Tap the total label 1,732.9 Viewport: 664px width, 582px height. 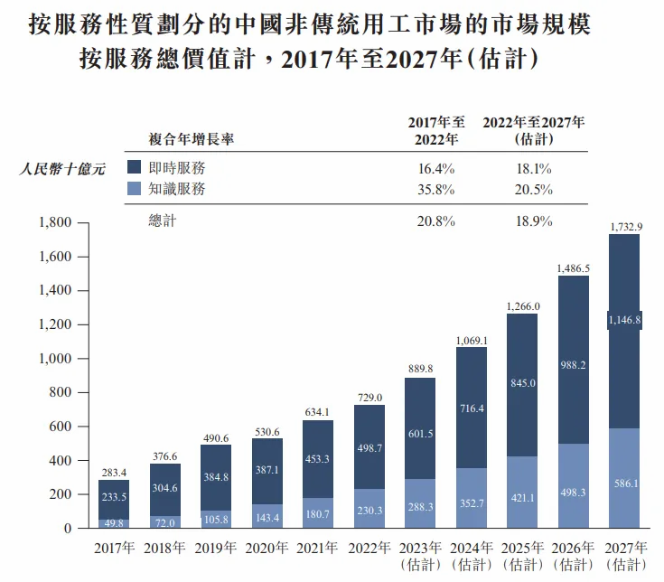point(625,225)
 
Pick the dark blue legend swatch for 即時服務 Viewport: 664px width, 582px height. point(134,167)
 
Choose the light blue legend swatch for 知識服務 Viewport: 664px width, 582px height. point(134,189)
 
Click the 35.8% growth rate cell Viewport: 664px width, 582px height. point(436,190)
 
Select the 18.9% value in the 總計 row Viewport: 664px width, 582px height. point(533,221)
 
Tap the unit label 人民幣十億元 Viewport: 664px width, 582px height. point(63,168)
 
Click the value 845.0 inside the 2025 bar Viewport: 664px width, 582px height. point(522,382)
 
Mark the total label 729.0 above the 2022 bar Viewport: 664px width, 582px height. point(369,398)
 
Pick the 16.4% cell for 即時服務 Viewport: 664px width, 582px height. point(436,168)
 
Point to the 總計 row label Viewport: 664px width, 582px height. point(163,221)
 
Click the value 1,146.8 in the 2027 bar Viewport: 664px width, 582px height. point(624,319)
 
